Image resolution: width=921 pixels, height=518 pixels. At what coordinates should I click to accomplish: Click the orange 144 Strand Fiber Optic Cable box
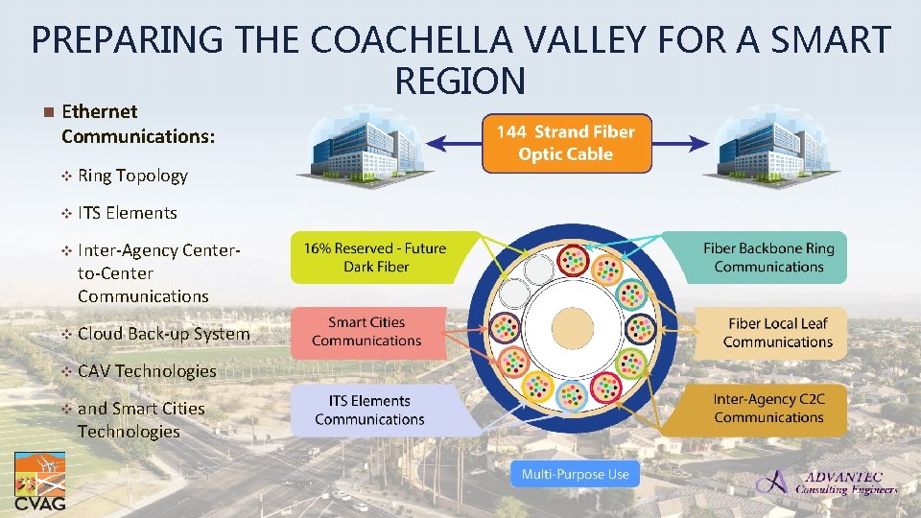coord(565,144)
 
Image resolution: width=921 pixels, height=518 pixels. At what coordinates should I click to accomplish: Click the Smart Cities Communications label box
coord(366,332)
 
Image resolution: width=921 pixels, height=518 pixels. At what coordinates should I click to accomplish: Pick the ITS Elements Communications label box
coord(369,410)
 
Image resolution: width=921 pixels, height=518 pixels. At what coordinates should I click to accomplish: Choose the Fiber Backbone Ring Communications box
coord(768,257)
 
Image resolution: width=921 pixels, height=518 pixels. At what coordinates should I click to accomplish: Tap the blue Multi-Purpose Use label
coord(576,474)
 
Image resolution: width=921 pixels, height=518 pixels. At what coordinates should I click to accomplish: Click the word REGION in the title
coord(460,82)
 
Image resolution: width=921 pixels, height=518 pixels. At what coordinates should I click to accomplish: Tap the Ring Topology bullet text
coord(132,176)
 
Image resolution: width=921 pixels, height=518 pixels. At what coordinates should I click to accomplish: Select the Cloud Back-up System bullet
coord(163,334)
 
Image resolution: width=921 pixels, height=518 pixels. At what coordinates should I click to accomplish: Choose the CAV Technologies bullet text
coord(147,371)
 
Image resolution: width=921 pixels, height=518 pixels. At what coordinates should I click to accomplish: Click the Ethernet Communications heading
coord(137,124)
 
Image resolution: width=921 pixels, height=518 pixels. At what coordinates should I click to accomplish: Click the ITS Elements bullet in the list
coord(127,213)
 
